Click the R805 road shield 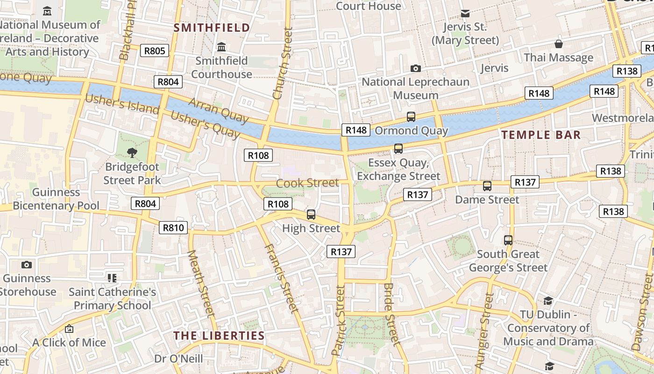coord(155,50)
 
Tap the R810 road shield coord(173,228)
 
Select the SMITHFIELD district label coord(212,28)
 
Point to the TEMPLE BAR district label coord(541,135)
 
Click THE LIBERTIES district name coord(219,336)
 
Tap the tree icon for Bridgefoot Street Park coord(132,152)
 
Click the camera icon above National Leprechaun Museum coord(415,69)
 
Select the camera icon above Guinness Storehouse coord(27,265)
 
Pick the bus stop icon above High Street coord(311,215)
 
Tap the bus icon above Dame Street coord(487,186)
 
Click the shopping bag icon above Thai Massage coord(558,44)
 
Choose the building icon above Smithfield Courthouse coord(221,47)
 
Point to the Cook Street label coord(307,183)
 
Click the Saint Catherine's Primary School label coord(112,299)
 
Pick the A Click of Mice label coord(69,342)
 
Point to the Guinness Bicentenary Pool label coord(56,199)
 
